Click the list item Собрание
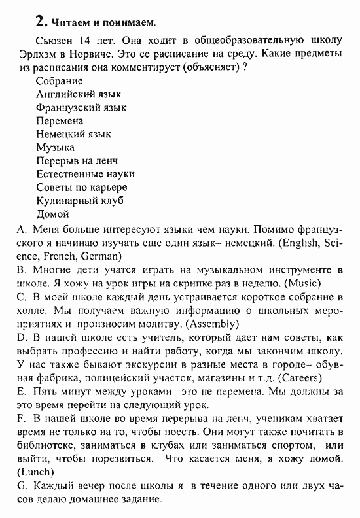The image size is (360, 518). [x=60, y=81]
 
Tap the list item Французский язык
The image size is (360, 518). [x=81, y=107]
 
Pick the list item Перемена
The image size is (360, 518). [x=60, y=121]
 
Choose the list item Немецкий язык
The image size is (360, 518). [x=73, y=134]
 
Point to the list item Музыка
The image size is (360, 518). [x=56, y=147]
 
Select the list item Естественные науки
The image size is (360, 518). [x=85, y=174]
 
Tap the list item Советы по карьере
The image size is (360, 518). [x=82, y=187]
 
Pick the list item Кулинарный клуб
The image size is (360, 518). [x=80, y=201]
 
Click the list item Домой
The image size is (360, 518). [x=52, y=214]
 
